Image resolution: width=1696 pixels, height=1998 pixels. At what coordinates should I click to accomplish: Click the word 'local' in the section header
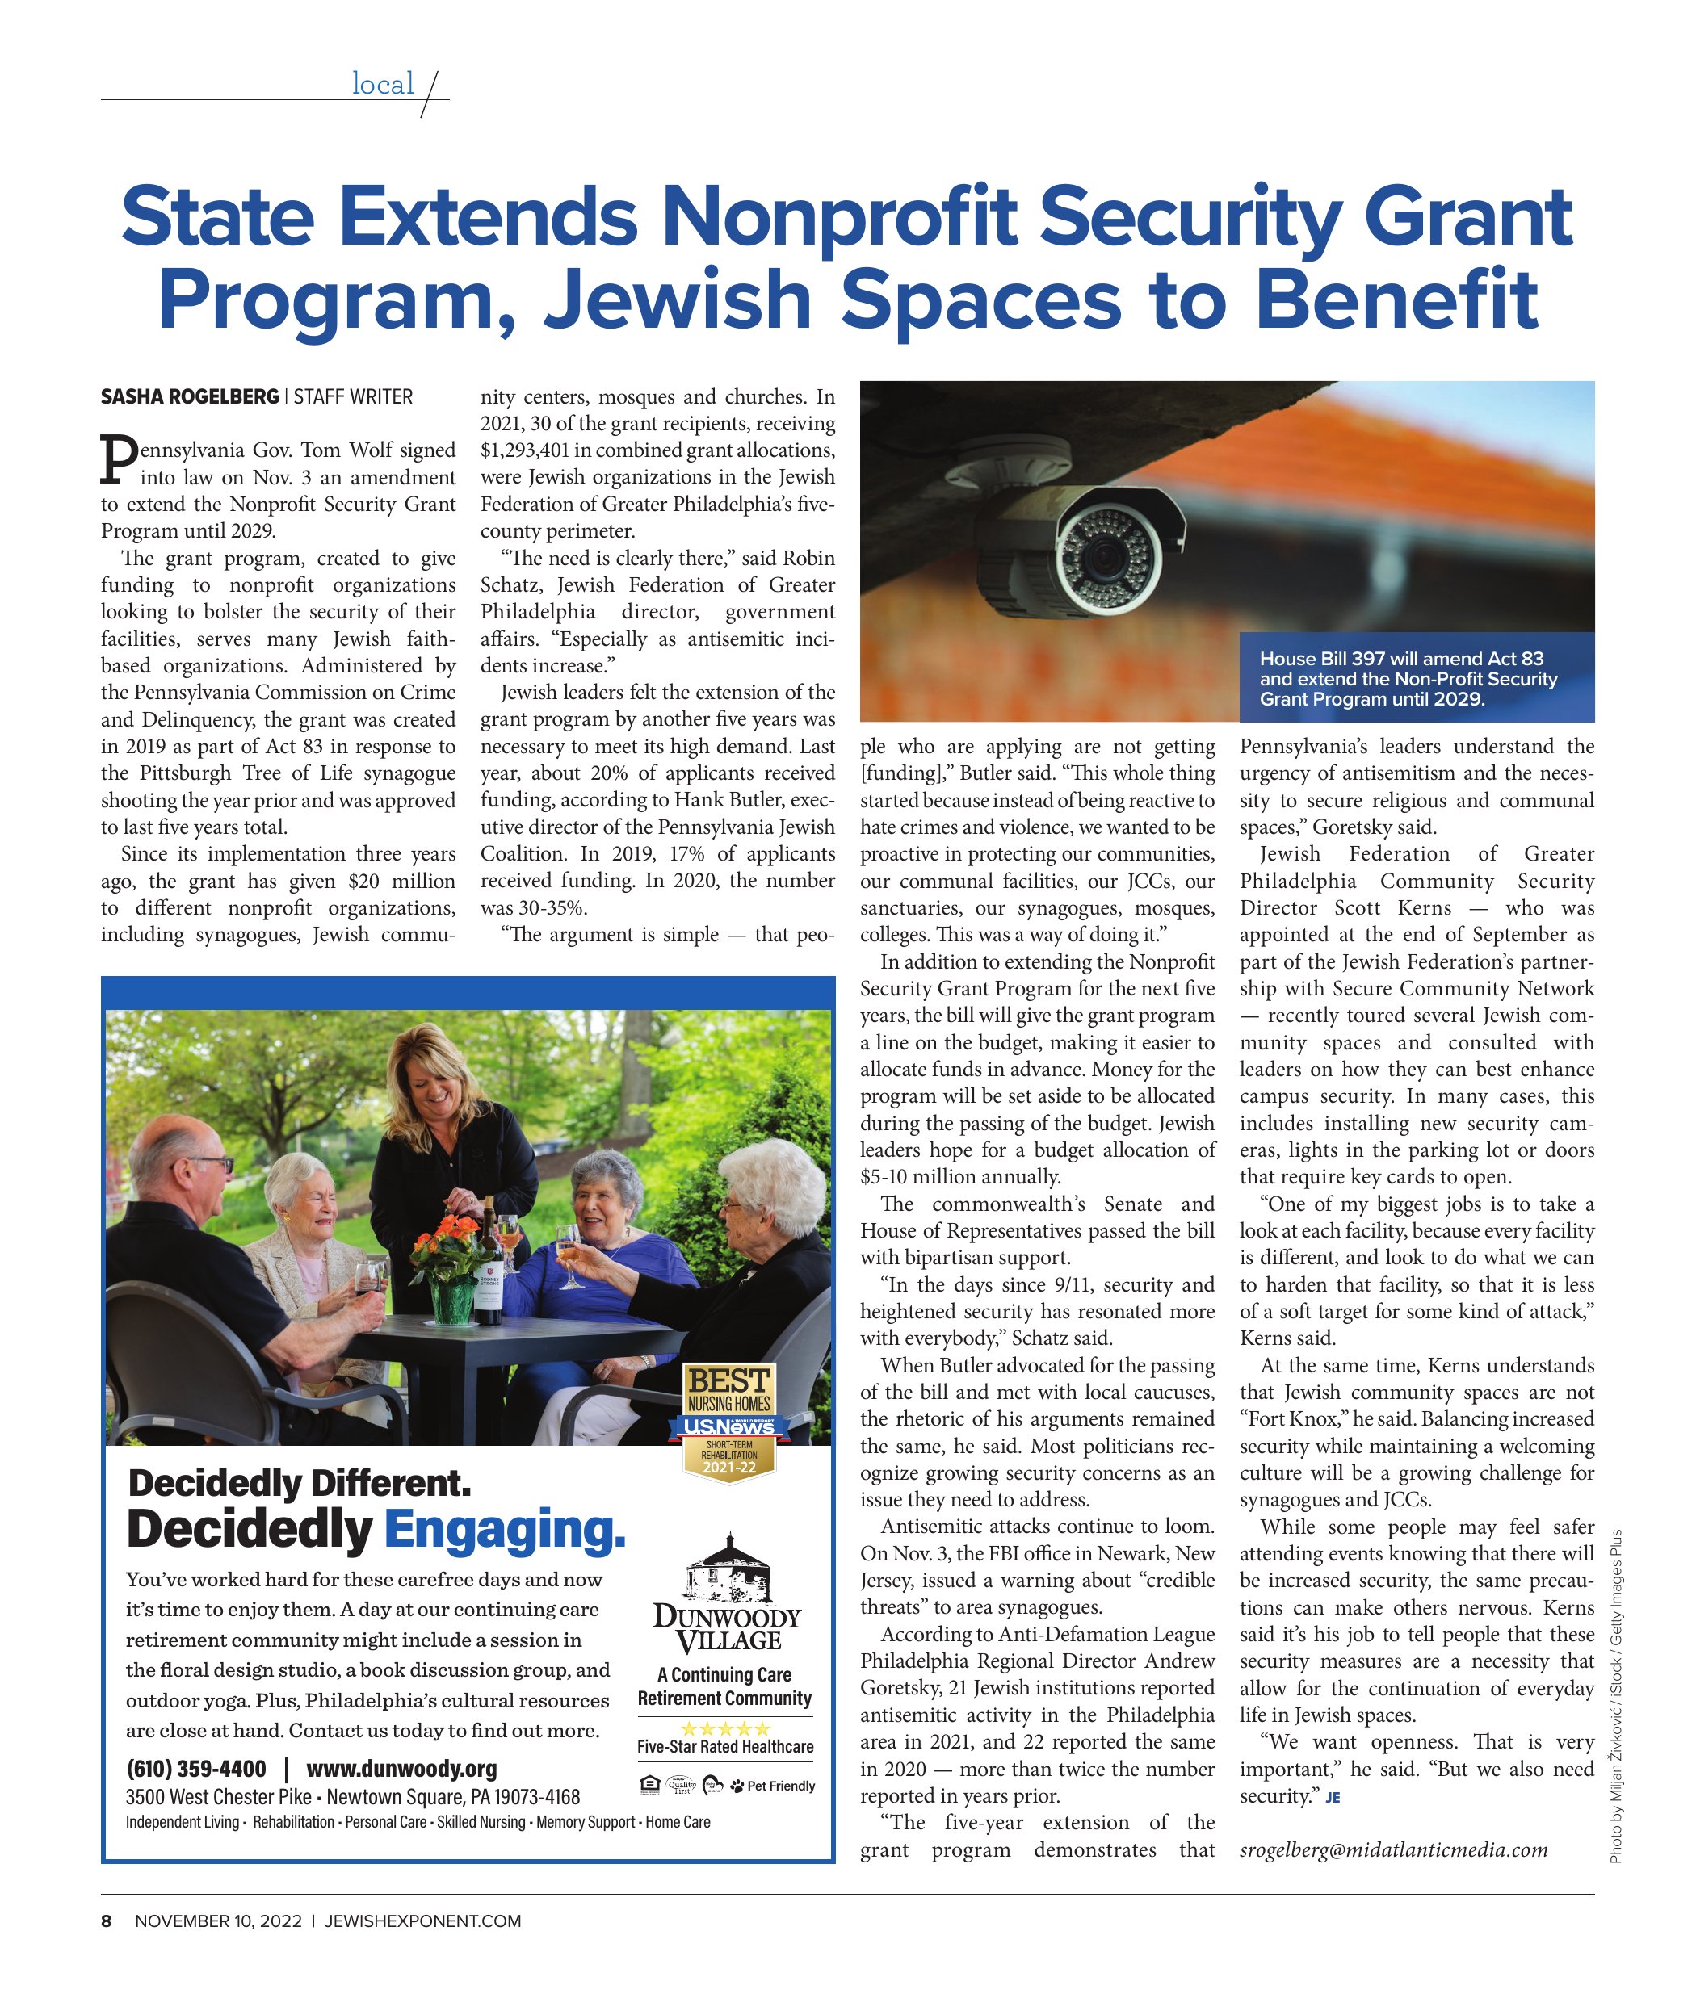tap(383, 85)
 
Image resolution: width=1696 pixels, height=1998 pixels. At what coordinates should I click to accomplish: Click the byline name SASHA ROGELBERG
tap(190, 397)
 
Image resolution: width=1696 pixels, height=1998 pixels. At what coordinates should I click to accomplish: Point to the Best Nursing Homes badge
tap(730, 1422)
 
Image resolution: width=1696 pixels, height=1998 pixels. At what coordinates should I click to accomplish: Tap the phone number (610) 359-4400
tap(196, 1768)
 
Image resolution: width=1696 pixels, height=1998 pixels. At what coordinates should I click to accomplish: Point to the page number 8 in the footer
tap(107, 1921)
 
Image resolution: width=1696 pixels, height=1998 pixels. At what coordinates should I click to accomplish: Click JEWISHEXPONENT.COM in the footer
tap(422, 1921)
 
